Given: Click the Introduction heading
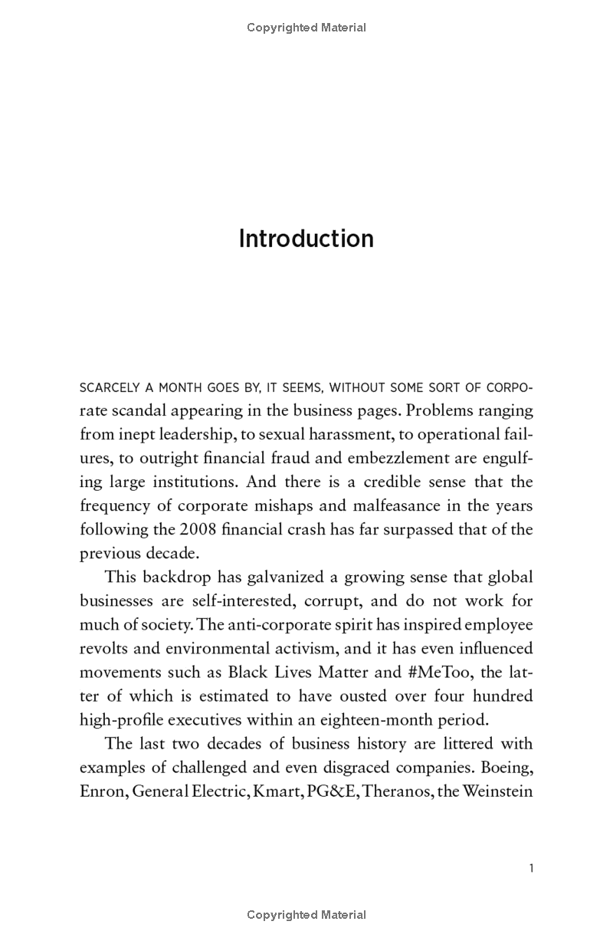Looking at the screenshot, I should click(306, 239).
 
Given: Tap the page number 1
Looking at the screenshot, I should click(531, 868).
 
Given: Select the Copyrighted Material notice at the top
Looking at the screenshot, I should click(306, 28).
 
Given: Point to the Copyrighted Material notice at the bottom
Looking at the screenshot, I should click(306, 914).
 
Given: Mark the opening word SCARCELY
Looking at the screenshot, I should click(107, 387).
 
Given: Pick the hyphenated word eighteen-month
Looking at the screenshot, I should click(392, 720).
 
